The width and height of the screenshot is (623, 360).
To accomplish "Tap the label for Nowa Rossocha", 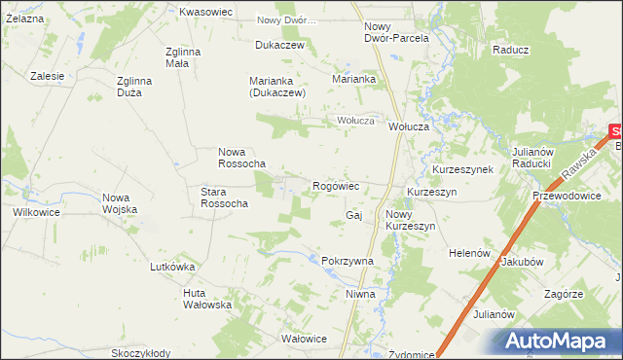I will [241, 158].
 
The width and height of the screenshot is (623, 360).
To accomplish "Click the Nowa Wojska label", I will [120, 203].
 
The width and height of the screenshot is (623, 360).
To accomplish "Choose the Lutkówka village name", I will [172, 267].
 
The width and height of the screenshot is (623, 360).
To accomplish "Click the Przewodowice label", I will [565, 195].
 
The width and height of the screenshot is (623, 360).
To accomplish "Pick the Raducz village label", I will [510, 50].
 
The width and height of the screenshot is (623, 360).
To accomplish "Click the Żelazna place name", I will [21, 18].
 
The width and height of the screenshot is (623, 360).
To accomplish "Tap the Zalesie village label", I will [47, 75].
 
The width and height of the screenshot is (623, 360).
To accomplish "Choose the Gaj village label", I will [353, 214].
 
